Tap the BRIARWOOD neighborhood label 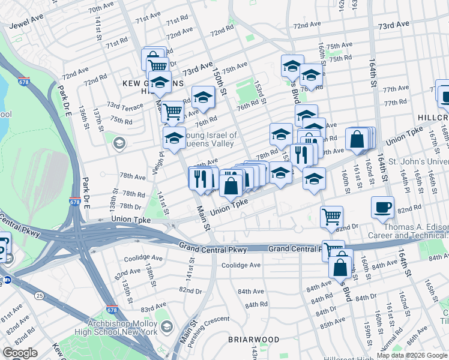click(x=253, y=340)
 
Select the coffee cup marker click(x=382, y=208)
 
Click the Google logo click(x=20, y=353)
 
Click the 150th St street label click(x=218, y=81)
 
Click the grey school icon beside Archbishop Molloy click(x=166, y=327)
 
